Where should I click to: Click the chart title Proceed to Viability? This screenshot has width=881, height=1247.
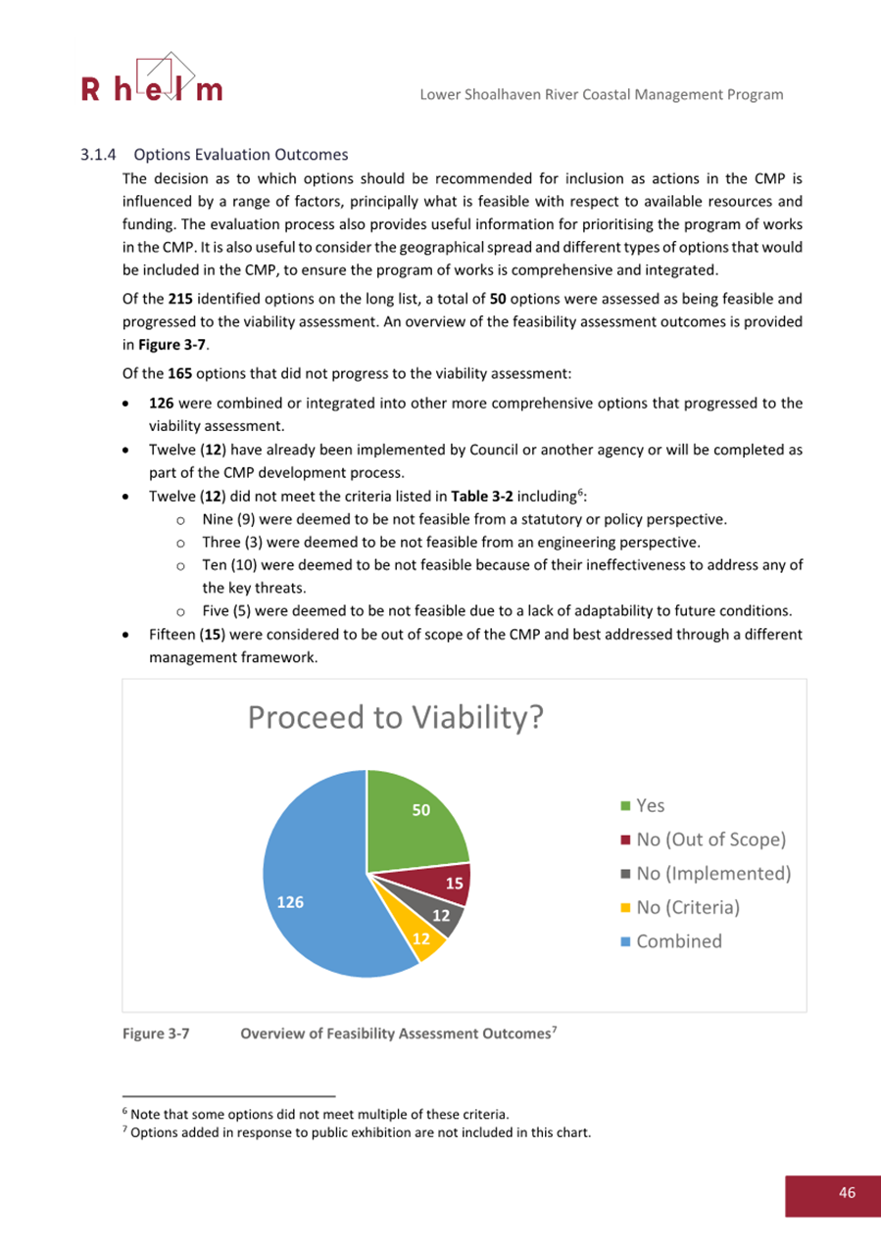tap(394, 717)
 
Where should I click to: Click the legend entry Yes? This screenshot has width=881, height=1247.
tap(650, 805)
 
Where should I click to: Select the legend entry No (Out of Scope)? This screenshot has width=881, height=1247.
tap(711, 839)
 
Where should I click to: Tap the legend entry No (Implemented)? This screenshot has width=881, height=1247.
tap(712, 873)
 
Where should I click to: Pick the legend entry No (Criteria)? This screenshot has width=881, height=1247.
tap(687, 907)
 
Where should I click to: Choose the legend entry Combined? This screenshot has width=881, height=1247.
tap(679, 940)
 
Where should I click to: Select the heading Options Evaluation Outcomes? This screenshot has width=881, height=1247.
tap(241, 155)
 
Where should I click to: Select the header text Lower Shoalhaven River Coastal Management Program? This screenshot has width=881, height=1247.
tap(601, 94)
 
